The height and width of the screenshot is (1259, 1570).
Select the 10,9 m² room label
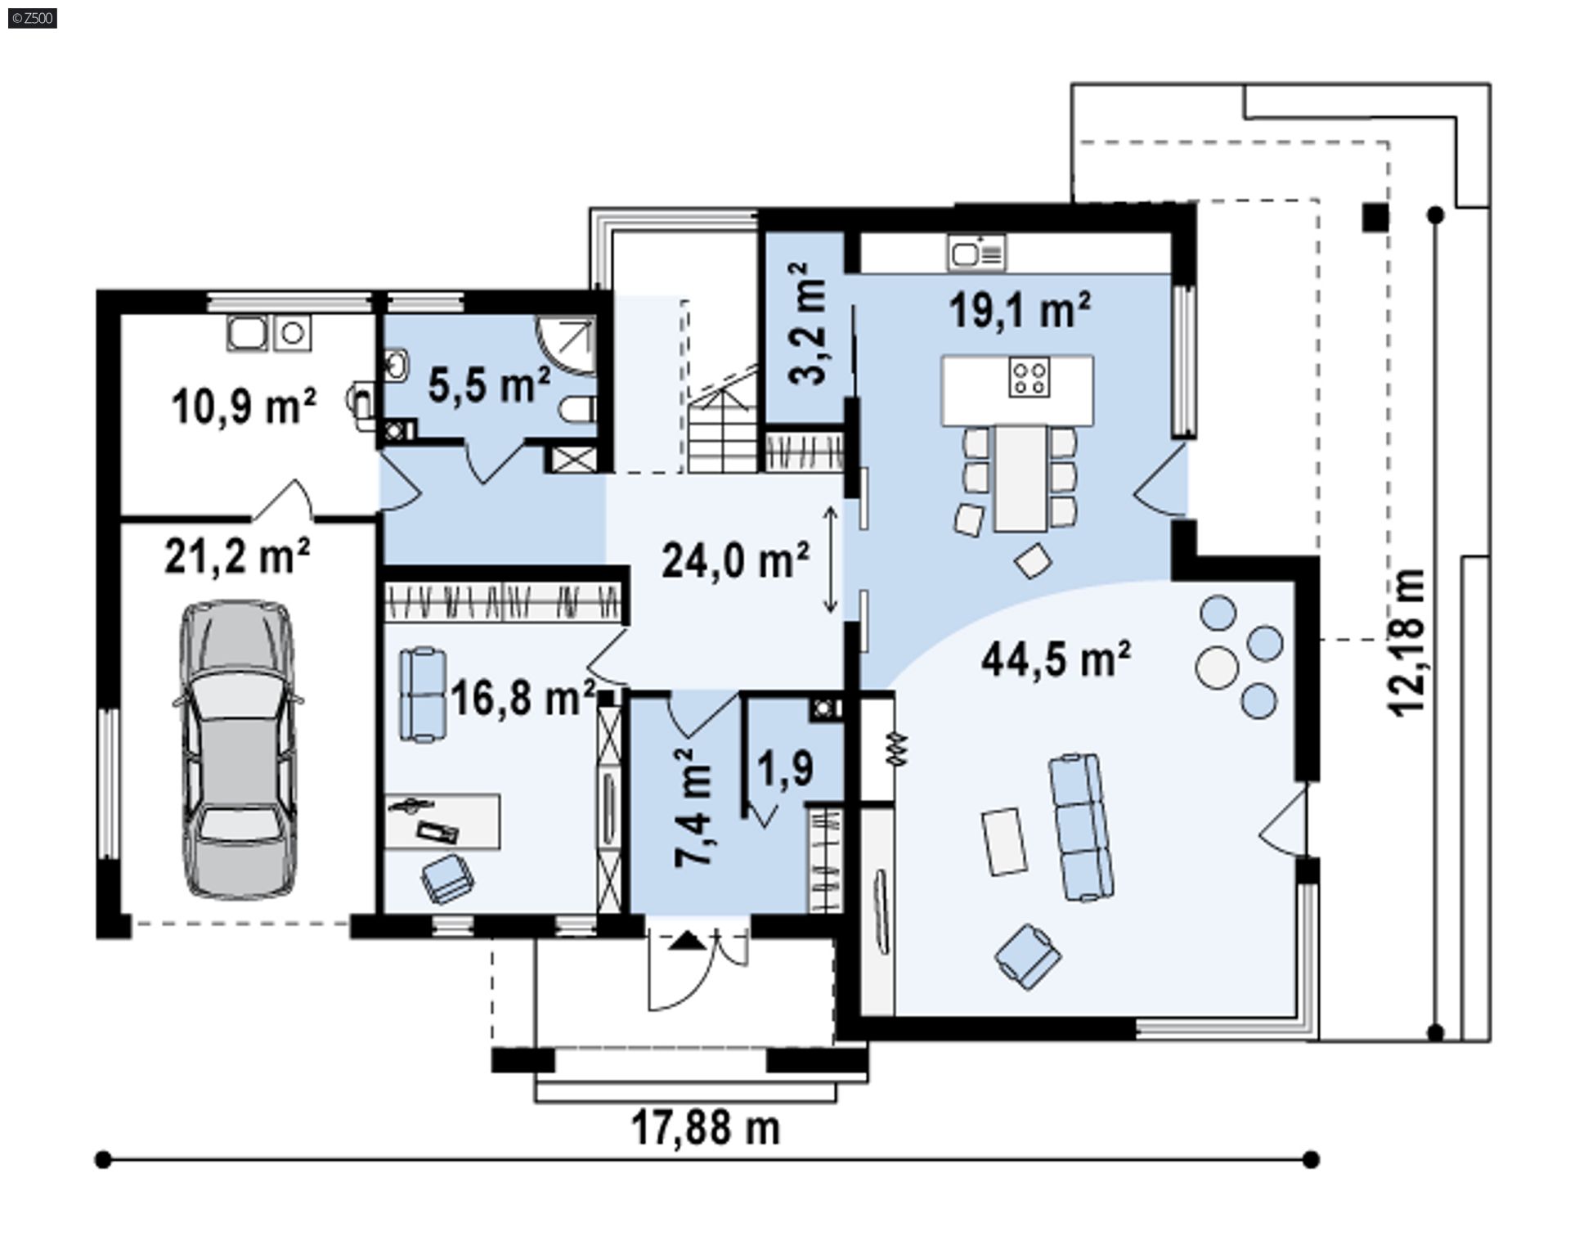pos(244,407)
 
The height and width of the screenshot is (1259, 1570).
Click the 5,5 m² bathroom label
pos(489,384)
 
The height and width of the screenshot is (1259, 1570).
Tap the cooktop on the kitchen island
pos(1029,378)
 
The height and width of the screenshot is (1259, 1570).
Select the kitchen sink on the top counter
pos(976,253)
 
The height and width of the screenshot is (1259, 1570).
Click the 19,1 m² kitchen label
pos(1020,310)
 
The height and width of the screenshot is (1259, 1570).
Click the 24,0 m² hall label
pos(735,561)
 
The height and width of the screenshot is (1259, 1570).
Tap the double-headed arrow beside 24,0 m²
pos(830,560)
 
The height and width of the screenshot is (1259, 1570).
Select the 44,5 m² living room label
pos(1056,659)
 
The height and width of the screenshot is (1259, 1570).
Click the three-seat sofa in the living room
pos(1082,827)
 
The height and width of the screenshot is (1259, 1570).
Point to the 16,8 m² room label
pos(522,699)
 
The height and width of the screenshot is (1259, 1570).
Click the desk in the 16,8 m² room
pos(442,821)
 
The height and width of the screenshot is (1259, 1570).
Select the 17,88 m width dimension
pos(706,1129)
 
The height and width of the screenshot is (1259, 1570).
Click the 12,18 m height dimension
pos(1409,642)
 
